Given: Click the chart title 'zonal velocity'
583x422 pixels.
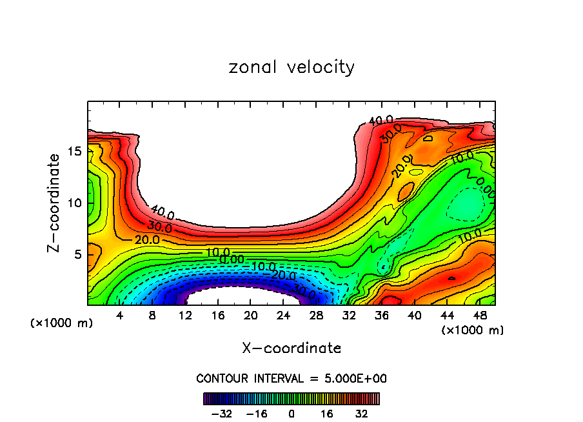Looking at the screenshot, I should point(291,68).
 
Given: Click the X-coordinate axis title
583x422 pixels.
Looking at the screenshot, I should point(291,348).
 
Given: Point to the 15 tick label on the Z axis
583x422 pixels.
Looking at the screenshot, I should point(74,151).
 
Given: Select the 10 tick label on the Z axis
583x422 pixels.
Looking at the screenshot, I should point(74,203).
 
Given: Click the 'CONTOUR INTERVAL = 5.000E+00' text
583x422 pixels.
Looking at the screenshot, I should point(291,378).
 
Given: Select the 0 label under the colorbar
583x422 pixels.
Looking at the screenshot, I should point(291,413).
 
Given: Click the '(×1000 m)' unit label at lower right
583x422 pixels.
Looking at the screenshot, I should point(473,330).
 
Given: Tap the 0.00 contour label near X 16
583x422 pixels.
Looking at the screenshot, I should point(232,259).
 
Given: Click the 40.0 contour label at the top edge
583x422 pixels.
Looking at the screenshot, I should point(380,121).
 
